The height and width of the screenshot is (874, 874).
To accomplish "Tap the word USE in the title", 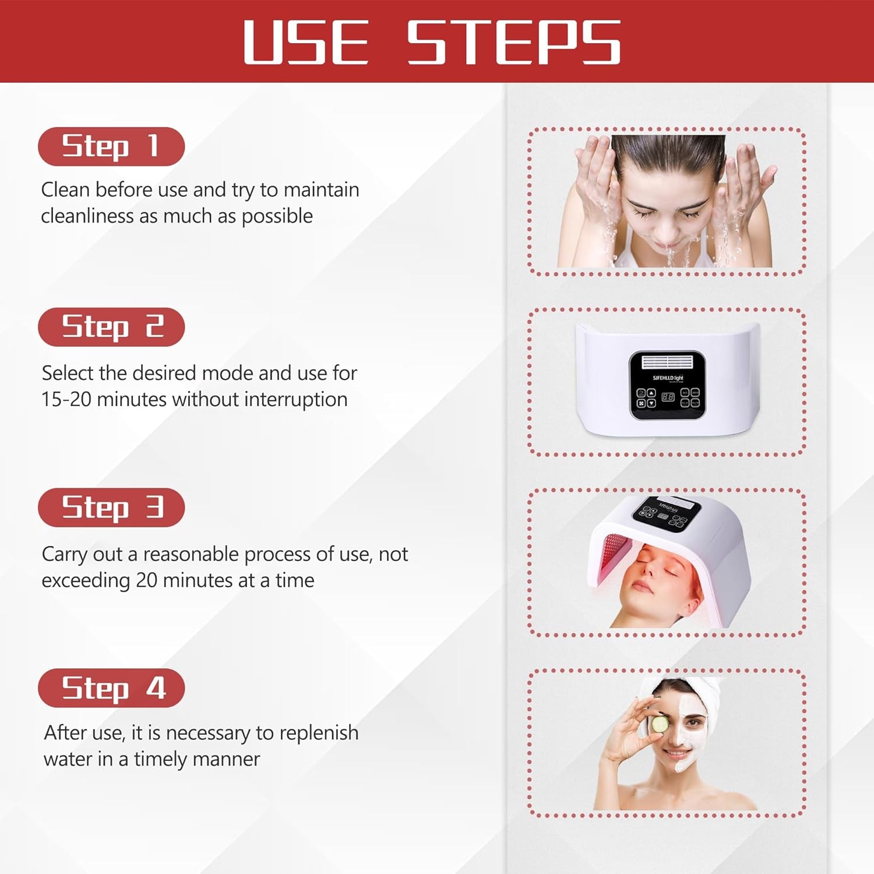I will (x=306, y=42).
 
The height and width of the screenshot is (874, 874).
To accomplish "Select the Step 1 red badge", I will (x=111, y=146).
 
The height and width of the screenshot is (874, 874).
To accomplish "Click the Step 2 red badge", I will (x=111, y=327).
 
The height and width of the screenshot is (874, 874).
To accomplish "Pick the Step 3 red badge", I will (x=111, y=508).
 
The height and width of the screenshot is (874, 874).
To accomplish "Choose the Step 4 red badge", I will (x=111, y=688).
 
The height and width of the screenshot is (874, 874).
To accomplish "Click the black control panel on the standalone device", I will (x=667, y=385).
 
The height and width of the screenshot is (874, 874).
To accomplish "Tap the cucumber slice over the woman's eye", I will (x=660, y=724).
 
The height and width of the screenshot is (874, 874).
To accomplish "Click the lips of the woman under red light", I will (x=642, y=584).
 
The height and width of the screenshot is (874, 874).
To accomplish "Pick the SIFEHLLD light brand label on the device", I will (x=668, y=378).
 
